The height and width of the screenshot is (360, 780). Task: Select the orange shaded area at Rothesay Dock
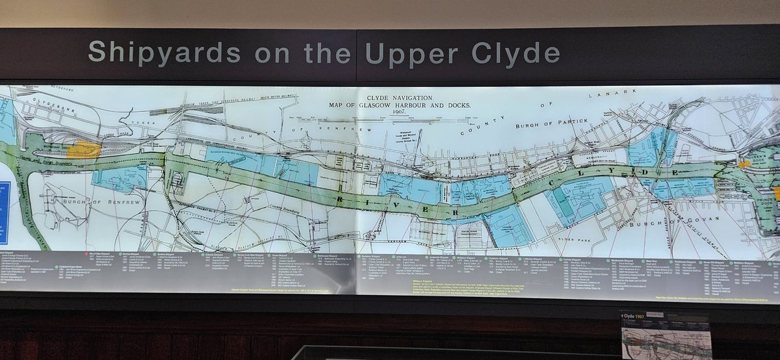(x=84, y=149)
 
